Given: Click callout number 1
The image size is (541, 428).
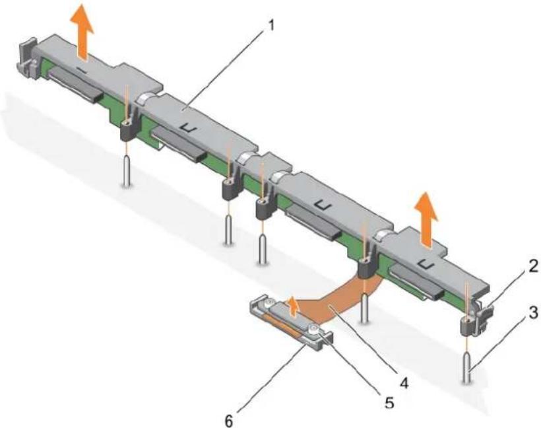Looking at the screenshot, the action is pos(271,26).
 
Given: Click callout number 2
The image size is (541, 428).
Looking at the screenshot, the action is pos(532,266).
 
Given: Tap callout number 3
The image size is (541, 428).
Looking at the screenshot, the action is pos(533,313).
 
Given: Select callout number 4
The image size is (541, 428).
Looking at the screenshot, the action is pos(403,382).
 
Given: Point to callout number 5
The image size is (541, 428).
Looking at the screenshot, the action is pos(389,402).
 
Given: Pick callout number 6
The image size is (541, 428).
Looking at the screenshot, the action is pos(229,421).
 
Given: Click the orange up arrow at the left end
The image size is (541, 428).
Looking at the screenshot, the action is pos(82,34).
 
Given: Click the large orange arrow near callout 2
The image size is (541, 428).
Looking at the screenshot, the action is pos(426,220).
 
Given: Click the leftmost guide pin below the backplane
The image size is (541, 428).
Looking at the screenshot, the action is pos(127,171).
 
